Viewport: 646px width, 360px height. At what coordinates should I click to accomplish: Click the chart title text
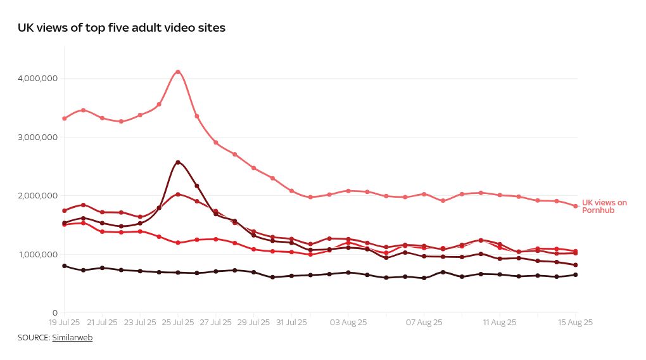tap(122, 28)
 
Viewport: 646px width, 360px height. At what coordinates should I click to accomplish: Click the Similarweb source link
tap(72, 338)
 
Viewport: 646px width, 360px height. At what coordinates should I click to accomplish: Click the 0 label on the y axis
tap(55, 313)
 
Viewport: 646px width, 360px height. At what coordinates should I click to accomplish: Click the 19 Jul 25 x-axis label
tap(65, 323)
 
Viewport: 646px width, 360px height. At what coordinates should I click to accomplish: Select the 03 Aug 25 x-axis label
tap(348, 323)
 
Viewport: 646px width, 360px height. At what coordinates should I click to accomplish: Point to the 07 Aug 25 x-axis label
tap(424, 323)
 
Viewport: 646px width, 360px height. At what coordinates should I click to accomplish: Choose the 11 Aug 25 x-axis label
tap(499, 323)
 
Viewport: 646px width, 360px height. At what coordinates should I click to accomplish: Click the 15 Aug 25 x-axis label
tap(575, 323)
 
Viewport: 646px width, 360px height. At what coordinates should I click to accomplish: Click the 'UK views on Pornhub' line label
tap(604, 207)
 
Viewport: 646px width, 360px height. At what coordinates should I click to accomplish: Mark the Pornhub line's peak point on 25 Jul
tap(178, 72)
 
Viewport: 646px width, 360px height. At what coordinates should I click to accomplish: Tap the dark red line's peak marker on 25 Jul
tap(178, 162)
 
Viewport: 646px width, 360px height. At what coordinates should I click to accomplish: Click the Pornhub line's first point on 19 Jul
tap(65, 119)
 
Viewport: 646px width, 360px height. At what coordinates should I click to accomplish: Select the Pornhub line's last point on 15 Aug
tap(576, 206)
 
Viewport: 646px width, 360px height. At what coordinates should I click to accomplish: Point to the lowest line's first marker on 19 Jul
tap(65, 266)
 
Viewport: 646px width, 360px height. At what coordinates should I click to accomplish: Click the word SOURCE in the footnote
tap(34, 338)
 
